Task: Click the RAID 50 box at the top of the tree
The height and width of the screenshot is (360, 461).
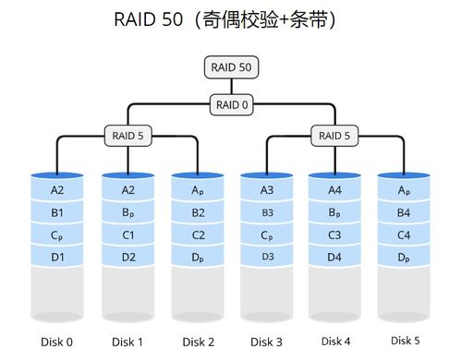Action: [x=230, y=67]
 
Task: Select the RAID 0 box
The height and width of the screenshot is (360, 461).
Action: [x=230, y=105]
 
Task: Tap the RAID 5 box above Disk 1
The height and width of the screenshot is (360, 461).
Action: [x=127, y=136]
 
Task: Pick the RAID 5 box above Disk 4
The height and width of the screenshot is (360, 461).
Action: [x=334, y=136]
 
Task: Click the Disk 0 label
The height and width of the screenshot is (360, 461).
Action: [x=56, y=341]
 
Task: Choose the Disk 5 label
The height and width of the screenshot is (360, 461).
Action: [x=403, y=341]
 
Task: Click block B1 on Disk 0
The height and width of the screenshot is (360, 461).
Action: [x=56, y=212]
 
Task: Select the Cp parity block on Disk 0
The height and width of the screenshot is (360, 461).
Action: [x=56, y=234]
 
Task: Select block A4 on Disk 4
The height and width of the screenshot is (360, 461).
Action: [x=334, y=191]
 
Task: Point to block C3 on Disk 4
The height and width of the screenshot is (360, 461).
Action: [x=334, y=234]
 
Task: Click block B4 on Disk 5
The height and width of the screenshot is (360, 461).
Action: [x=403, y=212]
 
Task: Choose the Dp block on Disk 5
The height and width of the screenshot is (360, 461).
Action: [x=403, y=256]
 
